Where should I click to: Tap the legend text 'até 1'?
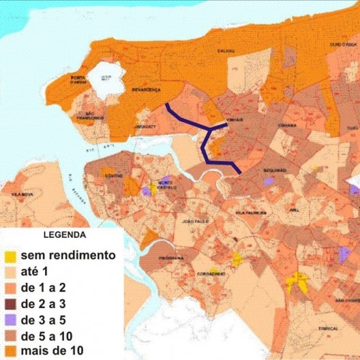coord(35,271)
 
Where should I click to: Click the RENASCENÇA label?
coord(146,89)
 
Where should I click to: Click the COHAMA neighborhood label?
coord(286,125)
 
